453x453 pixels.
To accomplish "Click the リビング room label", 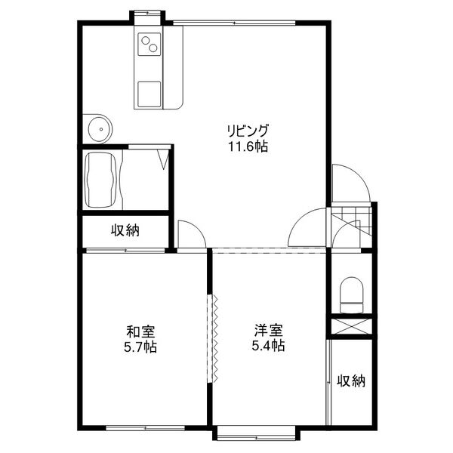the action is pyautogui.click(x=248, y=131).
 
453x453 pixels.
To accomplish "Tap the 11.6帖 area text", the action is pyautogui.click(x=248, y=146).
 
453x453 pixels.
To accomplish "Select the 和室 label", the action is pyautogui.click(x=140, y=331).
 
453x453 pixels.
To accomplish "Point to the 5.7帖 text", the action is pyautogui.click(x=140, y=347).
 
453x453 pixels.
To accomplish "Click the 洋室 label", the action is pyautogui.click(x=268, y=330).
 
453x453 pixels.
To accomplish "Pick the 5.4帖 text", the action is pyautogui.click(x=268, y=345).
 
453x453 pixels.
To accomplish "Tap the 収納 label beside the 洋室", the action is pyautogui.click(x=351, y=381).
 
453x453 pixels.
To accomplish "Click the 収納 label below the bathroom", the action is pyautogui.click(x=125, y=230).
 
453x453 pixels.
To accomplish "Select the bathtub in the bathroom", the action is pyautogui.click(x=100, y=180).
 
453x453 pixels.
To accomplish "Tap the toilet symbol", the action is pyautogui.click(x=351, y=294).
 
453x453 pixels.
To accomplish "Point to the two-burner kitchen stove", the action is pyautogui.click(x=149, y=45).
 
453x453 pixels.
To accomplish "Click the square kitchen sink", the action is pyautogui.click(x=149, y=94).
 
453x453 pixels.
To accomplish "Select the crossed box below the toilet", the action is pyautogui.click(x=351, y=327).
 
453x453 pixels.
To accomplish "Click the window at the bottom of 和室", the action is pyautogui.click(x=145, y=428).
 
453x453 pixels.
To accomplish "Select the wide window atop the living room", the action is pyautogui.click(x=234, y=23).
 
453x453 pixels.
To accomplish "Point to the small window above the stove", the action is pyautogui.click(x=147, y=13).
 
